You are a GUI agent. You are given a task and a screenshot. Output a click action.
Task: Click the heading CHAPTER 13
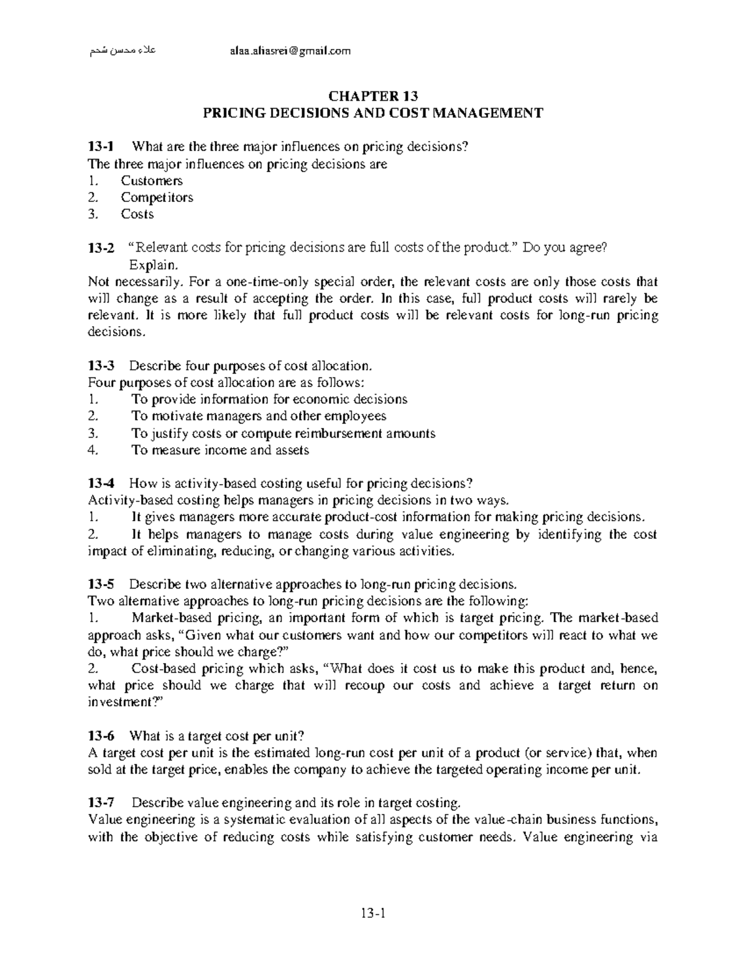[x=373, y=96]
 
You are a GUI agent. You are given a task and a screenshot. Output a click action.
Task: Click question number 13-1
[x=101, y=147]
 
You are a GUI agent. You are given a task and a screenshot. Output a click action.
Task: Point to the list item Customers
[x=152, y=181]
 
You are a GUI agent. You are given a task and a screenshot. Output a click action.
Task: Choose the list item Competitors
[x=157, y=198]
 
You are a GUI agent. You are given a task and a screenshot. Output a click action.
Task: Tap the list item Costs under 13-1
[x=137, y=214]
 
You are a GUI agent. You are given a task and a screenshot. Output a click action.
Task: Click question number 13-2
[x=101, y=248]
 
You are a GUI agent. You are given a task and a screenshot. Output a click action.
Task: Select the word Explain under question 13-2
[x=149, y=265]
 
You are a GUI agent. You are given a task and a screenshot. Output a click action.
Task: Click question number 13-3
[x=101, y=365]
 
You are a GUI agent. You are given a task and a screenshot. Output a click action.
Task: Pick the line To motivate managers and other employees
[x=259, y=416]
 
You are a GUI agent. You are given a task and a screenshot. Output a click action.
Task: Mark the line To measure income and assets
[x=220, y=450]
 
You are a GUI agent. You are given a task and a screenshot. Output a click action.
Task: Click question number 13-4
[x=101, y=483]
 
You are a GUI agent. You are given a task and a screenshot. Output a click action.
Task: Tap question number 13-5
[x=101, y=585]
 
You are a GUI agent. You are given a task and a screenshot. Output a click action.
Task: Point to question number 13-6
[x=101, y=736]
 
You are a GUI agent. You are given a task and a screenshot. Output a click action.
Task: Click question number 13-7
[x=101, y=803]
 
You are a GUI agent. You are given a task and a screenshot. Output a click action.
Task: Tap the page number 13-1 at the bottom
[x=373, y=913]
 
